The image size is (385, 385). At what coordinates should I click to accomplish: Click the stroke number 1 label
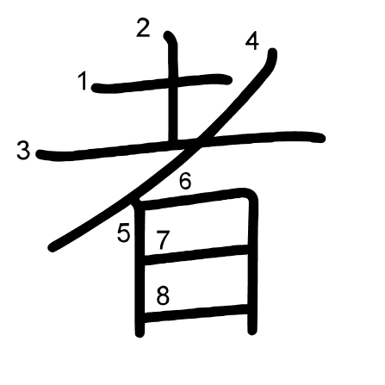pyautogui.click(x=83, y=81)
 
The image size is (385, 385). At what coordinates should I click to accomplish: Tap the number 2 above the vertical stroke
pyautogui.click(x=143, y=28)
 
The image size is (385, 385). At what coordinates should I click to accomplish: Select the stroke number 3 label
pyautogui.click(x=23, y=151)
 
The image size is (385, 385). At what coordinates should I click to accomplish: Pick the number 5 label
pyautogui.click(x=124, y=233)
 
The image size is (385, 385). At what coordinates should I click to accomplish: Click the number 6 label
pyautogui.click(x=185, y=181)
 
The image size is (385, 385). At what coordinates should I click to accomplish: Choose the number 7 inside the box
pyautogui.click(x=163, y=240)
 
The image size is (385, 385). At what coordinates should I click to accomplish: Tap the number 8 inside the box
pyautogui.click(x=163, y=296)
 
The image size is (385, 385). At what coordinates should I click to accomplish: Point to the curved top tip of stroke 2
pyautogui.click(x=168, y=35)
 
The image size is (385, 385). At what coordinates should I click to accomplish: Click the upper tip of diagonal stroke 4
pyautogui.click(x=272, y=53)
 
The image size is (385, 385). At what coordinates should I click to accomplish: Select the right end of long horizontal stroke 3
pyautogui.click(x=320, y=138)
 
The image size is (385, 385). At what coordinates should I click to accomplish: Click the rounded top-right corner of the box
pyautogui.click(x=251, y=195)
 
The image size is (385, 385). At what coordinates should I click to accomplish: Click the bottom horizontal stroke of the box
pyautogui.click(x=196, y=313)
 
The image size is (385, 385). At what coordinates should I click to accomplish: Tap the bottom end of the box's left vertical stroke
pyautogui.click(x=140, y=333)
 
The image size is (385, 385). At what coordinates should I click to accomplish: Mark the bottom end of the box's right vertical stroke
pyautogui.click(x=252, y=331)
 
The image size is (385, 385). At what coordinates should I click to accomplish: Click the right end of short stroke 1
pyautogui.click(x=227, y=79)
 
